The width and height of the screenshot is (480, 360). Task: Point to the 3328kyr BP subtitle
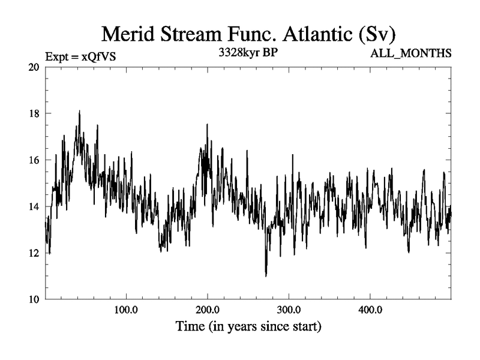pos(248,52)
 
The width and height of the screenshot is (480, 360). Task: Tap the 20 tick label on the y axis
pos(34,67)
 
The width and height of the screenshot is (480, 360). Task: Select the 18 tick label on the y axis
pos(34,113)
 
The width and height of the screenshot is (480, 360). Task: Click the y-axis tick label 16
pos(34,160)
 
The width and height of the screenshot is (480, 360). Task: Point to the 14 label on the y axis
pos(34,206)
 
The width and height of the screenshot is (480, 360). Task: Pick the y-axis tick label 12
pos(34,253)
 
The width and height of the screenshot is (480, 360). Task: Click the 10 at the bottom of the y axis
pos(34,299)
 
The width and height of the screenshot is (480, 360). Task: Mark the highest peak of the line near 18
pos(79,111)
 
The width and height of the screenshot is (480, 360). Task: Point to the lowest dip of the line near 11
pos(266,276)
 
